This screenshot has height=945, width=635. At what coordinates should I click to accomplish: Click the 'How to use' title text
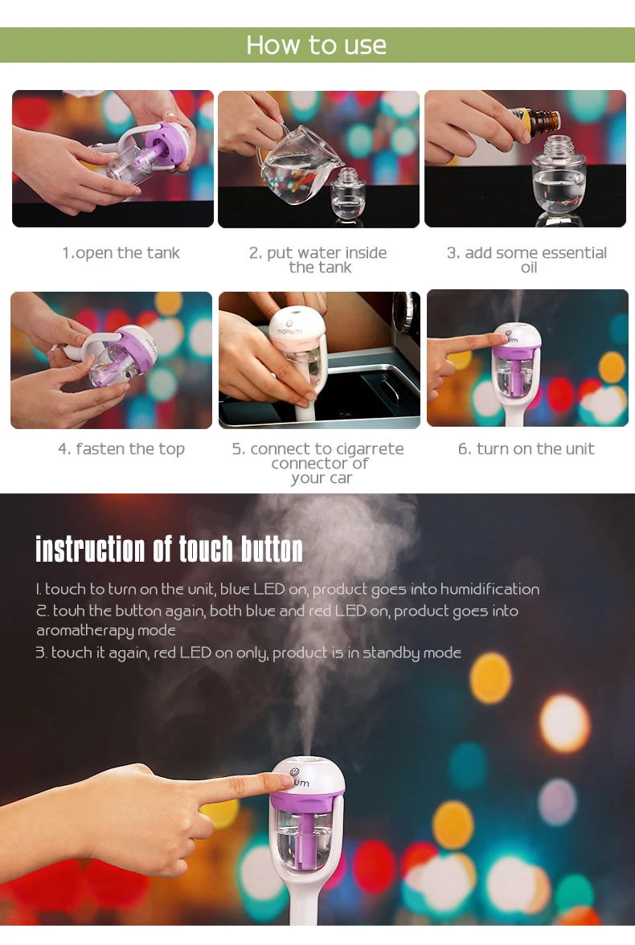coord(316,45)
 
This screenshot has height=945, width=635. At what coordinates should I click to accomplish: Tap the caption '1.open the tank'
coord(121,253)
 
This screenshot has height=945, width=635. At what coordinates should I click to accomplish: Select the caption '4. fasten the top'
coord(121,449)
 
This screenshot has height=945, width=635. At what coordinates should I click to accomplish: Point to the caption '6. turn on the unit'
coord(526,449)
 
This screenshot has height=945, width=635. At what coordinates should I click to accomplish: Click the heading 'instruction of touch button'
coord(169,549)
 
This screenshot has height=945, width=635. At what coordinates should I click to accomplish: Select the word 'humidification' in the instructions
coord(490,589)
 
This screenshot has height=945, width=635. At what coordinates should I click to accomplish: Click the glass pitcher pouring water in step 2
coord(296,162)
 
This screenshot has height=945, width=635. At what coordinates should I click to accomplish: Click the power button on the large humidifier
coord(295,772)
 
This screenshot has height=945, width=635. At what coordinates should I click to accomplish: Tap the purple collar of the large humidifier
coord(308,799)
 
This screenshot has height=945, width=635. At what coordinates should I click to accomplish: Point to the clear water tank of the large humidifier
coord(304,841)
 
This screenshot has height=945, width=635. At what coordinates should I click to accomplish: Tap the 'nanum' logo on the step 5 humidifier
coord(290,331)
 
